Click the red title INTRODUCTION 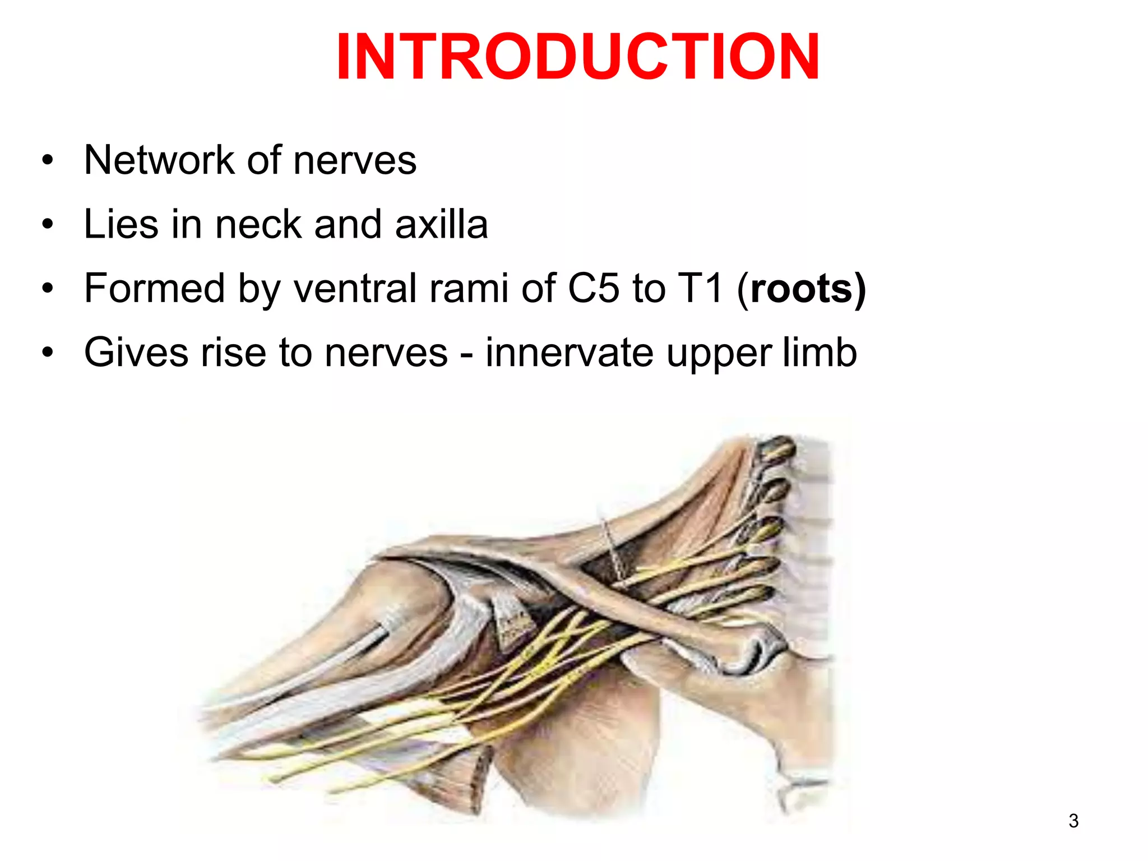pyautogui.click(x=577, y=57)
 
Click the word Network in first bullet pyautogui.click(x=159, y=160)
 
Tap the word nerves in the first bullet pyautogui.click(x=355, y=160)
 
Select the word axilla pyautogui.click(x=441, y=224)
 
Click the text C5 pyautogui.click(x=594, y=288)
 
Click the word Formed pyautogui.click(x=154, y=288)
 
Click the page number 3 pyautogui.click(x=1073, y=821)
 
